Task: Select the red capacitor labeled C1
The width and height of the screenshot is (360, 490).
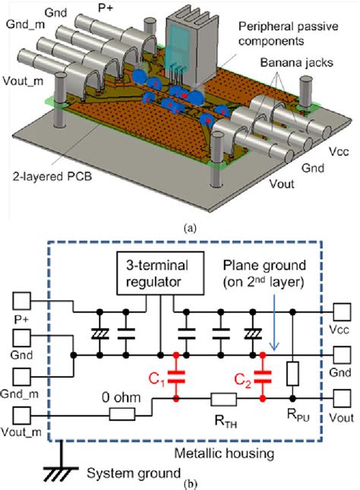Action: tap(176, 378)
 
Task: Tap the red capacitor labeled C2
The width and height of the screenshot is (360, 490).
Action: tap(263, 378)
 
